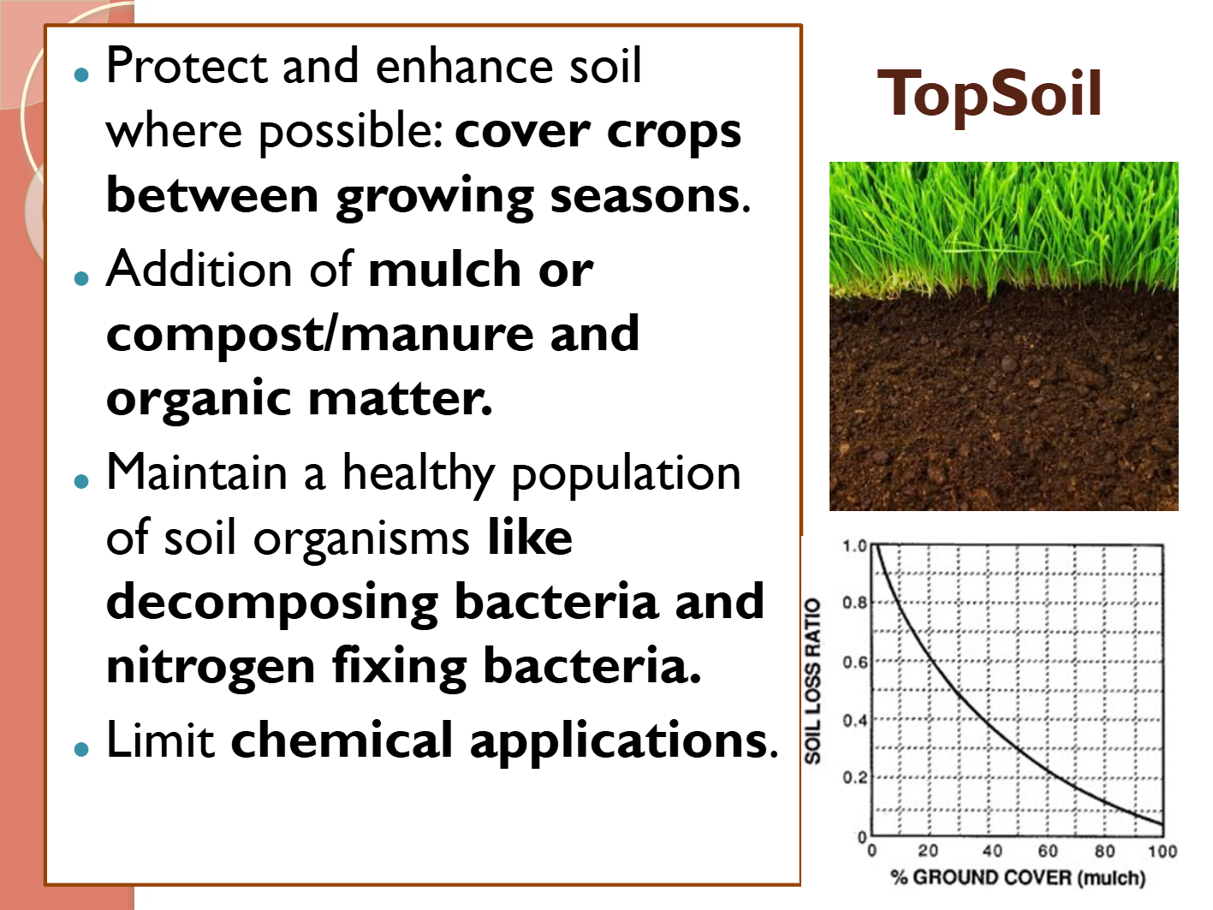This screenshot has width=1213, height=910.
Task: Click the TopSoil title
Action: point(990,94)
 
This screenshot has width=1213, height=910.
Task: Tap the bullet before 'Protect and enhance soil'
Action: point(81,74)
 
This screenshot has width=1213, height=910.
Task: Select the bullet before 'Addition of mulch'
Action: point(81,278)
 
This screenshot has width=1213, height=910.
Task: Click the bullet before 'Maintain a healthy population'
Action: point(81,481)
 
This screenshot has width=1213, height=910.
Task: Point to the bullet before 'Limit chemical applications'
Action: point(81,749)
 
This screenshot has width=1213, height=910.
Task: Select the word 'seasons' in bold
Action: point(645,195)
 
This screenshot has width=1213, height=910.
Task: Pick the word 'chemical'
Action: point(342,740)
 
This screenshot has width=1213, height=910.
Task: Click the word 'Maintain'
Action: point(197,473)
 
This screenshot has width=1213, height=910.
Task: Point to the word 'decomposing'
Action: point(272,604)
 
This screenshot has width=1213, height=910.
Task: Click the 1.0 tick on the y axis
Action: point(854,546)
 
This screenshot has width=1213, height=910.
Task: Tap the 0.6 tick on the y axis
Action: point(854,662)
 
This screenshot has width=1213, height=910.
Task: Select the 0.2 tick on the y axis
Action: point(854,777)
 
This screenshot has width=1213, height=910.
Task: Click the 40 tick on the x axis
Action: point(992,850)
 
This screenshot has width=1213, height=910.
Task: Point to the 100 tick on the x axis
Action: point(1162,851)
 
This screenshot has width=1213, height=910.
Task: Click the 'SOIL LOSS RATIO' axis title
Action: point(812,681)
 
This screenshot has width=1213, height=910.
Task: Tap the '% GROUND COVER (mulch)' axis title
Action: point(1018,877)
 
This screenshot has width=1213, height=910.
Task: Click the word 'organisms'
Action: point(361,538)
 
